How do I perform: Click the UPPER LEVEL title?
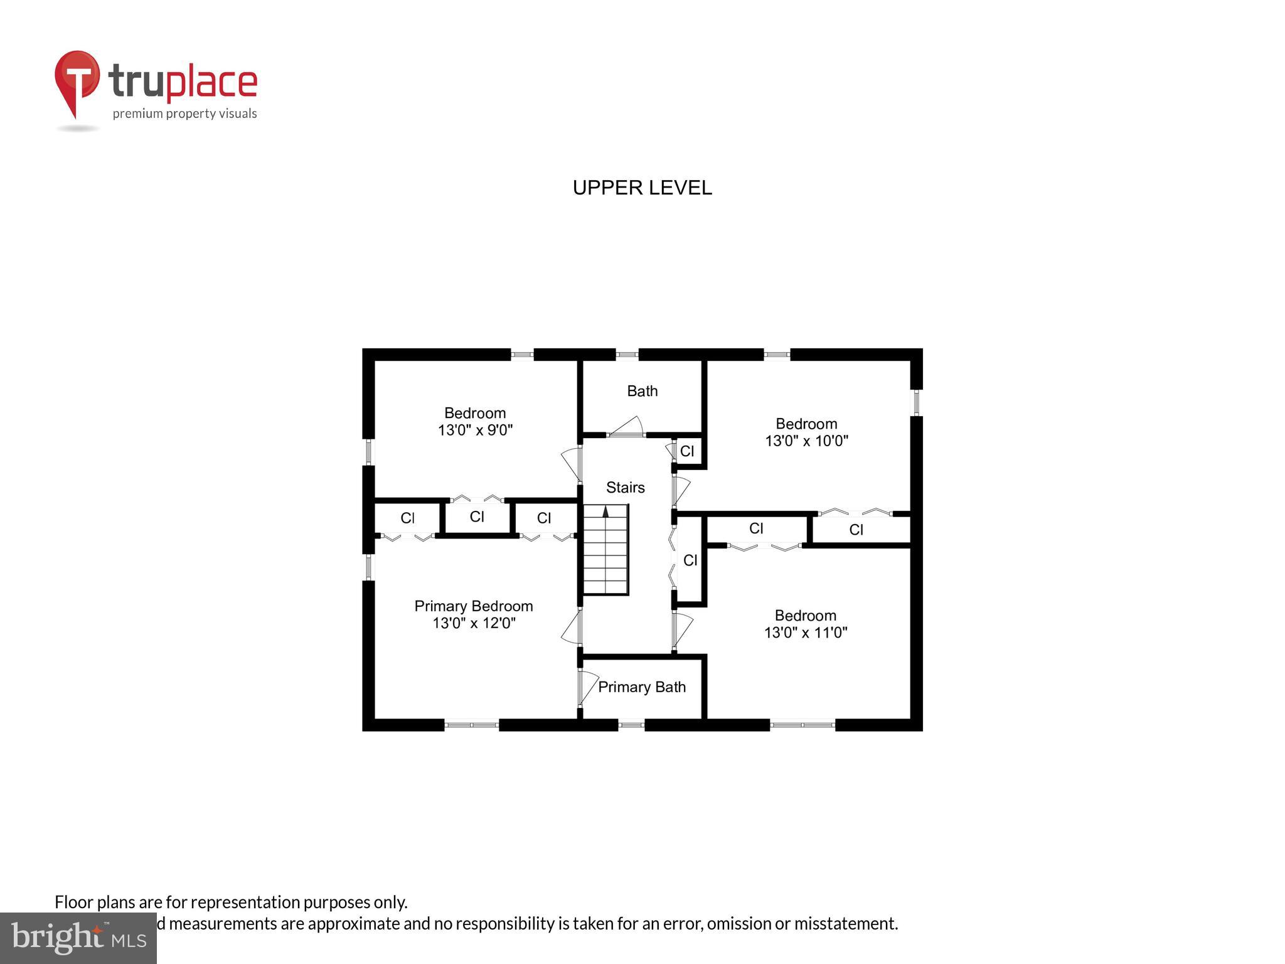[x=642, y=188]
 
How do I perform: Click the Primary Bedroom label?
[x=474, y=606]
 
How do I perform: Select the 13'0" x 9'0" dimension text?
[x=475, y=431]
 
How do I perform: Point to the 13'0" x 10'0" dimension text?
[x=806, y=441]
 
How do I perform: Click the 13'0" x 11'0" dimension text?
[x=806, y=633]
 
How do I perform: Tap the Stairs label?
[x=625, y=488]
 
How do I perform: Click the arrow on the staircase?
[x=605, y=511]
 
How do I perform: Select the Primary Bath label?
[x=641, y=687]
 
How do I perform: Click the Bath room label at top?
[x=642, y=391]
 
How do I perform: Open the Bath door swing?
[x=627, y=427]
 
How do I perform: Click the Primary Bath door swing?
[x=588, y=687]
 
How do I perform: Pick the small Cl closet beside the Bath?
[x=687, y=451]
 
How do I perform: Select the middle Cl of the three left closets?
[x=477, y=517]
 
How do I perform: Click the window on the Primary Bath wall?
[x=631, y=725]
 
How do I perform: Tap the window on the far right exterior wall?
[x=916, y=402]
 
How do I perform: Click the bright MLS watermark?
[x=78, y=938]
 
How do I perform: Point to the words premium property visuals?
[x=184, y=114]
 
